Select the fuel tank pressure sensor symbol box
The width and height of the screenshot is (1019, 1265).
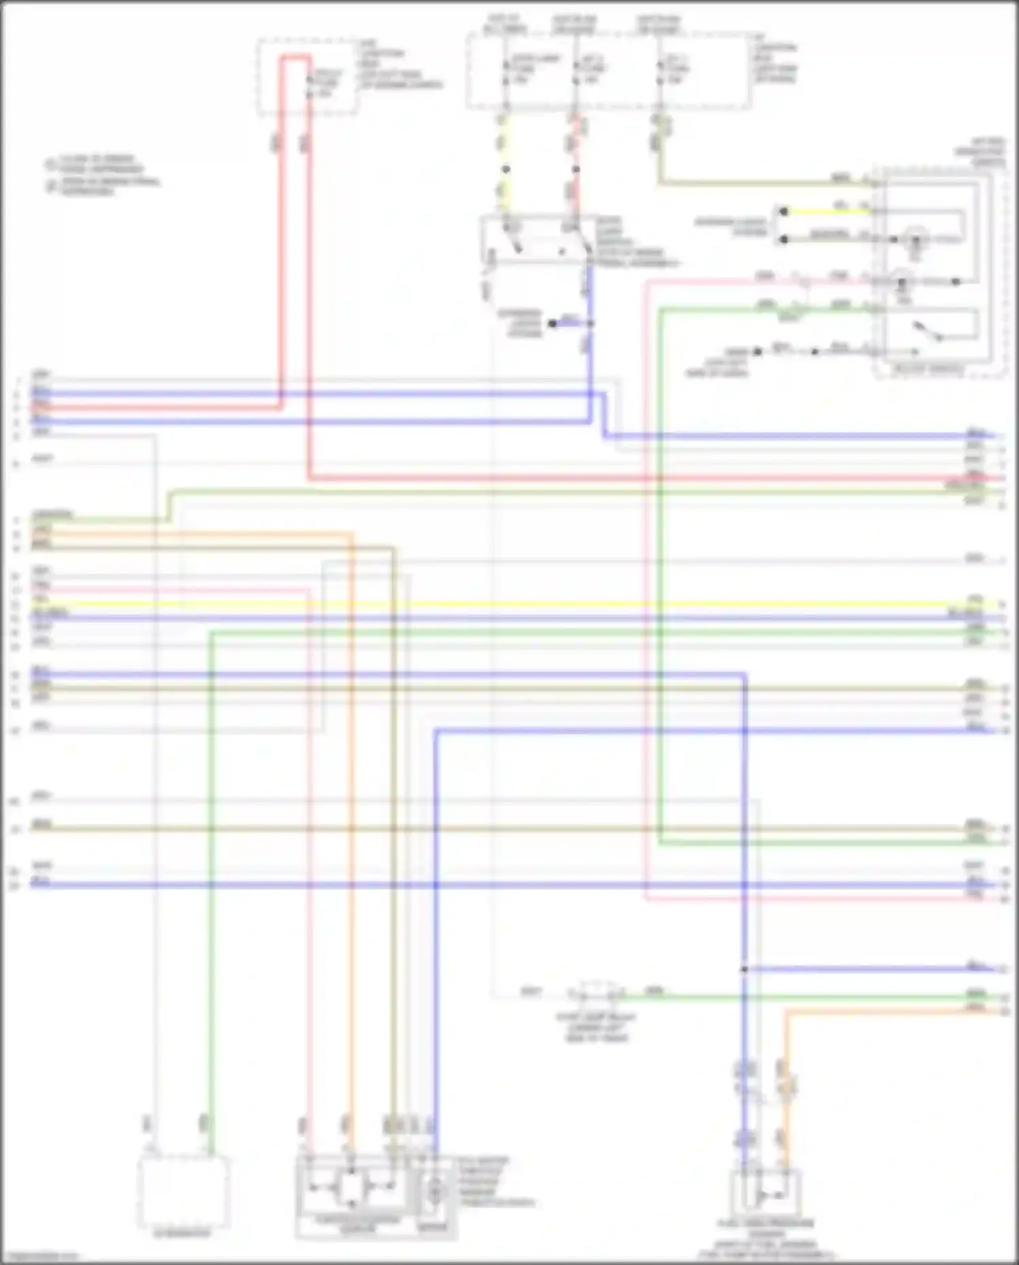[x=766, y=1194]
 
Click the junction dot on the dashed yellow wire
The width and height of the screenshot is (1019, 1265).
[x=506, y=169]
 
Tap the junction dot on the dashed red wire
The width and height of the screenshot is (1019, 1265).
[x=576, y=169]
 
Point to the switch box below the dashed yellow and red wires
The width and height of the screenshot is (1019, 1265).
[x=537, y=240]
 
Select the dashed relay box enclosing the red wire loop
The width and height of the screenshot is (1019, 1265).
[x=307, y=76]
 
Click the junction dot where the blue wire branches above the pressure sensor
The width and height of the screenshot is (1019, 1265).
[x=744, y=969]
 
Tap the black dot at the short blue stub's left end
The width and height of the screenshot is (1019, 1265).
[x=553, y=324]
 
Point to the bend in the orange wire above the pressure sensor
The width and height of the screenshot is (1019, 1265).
[x=787, y=1013]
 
